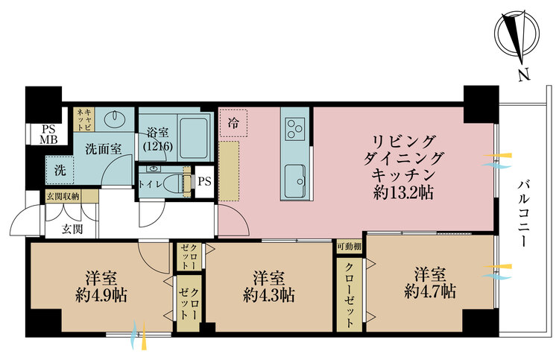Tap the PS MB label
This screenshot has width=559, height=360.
tap(48, 134)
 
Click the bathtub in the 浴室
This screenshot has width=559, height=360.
tap(194, 137)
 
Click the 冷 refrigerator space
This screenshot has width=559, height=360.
tap(233, 123)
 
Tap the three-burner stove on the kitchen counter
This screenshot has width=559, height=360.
tap(295, 129)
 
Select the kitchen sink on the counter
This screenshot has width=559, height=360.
tap(294, 180)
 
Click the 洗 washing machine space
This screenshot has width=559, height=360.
tap(60, 171)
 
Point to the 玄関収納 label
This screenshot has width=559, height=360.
tap(63, 196)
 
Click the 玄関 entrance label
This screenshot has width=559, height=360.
tap(72, 229)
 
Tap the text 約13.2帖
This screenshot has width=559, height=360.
tap(403, 192)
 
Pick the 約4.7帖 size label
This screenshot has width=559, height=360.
tap(430, 291)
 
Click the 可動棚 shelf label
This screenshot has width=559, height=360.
tap(350, 247)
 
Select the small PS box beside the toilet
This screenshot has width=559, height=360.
tap(205, 182)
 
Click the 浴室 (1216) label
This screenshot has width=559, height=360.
tap(158, 139)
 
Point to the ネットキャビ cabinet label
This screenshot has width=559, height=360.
tap(84, 119)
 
